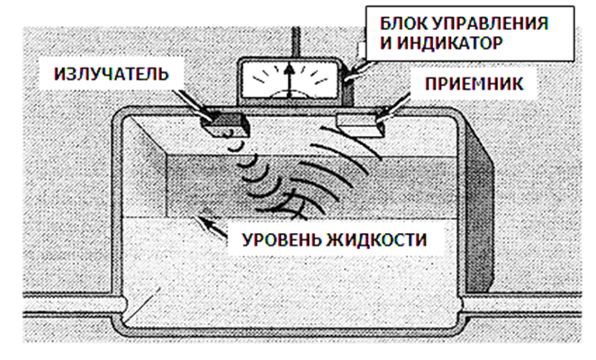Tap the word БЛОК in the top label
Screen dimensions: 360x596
[x=402, y=22]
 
